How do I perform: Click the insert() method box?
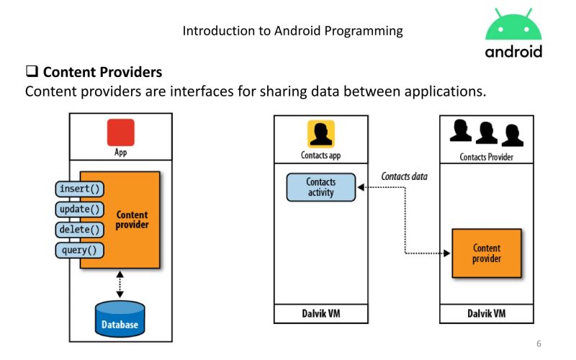tap(80, 189)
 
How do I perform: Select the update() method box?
tap(80, 210)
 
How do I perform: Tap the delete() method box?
tap(80, 230)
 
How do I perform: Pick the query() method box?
tap(80, 250)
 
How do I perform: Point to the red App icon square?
tap(120, 133)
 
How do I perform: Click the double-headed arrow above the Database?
tap(120, 284)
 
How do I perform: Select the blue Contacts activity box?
tap(320, 187)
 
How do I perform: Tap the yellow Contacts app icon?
tap(321, 135)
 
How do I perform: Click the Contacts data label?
tap(403, 176)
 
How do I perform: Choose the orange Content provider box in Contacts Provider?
tap(486, 253)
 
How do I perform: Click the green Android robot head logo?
tap(513, 27)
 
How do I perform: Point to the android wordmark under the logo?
tap(513, 52)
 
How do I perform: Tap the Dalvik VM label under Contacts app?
tap(320, 314)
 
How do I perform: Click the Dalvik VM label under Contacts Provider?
tap(486, 314)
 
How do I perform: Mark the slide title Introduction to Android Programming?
tap(293, 30)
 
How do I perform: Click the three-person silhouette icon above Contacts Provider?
tap(486, 133)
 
